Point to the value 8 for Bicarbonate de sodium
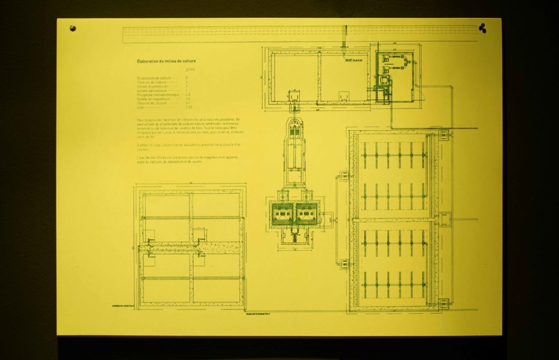(187, 78)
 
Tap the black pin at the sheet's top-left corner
(73, 28)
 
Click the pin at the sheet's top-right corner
(482, 27)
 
